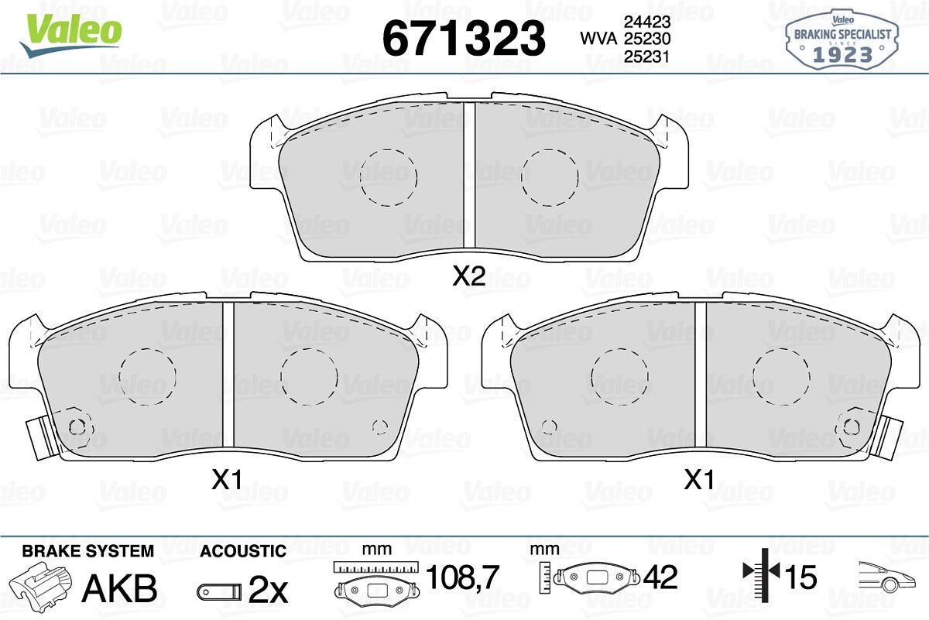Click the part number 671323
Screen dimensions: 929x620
(464, 38)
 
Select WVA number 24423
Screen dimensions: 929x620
(647, 22)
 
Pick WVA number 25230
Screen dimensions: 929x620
(647, 39)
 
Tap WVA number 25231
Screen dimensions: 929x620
(647, 56)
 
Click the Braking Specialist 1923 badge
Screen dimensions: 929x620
(842, 39)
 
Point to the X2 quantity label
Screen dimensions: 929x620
(468, 276)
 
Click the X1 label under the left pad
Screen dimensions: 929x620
(226, 480)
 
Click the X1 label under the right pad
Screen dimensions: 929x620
(699, 480)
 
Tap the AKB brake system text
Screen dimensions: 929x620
(119, 588)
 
